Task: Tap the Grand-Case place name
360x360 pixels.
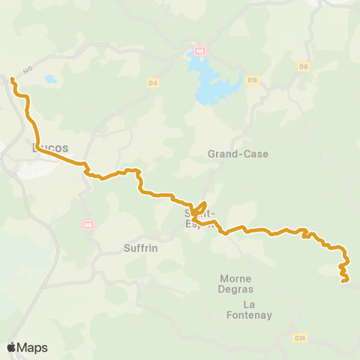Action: pyautogui.click(x=238, y=154)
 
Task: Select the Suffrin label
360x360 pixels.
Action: pyautogui.click(x=140, y=247)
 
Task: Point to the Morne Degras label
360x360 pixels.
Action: pyautogui.click(x=236, y=283)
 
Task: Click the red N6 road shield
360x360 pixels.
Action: pyautogui.click(x=199, y=52)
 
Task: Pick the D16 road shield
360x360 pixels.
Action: pyautogui.click(x=252, y=80)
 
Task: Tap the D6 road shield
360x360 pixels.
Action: pyautogui.click(x=304, y=67)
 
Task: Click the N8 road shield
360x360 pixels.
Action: pyautogui.click(x=89, y=224)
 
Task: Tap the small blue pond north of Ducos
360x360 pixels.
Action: pyautogui.click(x=50, y=79)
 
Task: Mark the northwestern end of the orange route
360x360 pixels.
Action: pyautogui.click(x=13, y=79)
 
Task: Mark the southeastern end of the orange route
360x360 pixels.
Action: pyautogui.click(x=344, y=281)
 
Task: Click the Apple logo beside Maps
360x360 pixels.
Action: pyautogui.click(x=11, y=347)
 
